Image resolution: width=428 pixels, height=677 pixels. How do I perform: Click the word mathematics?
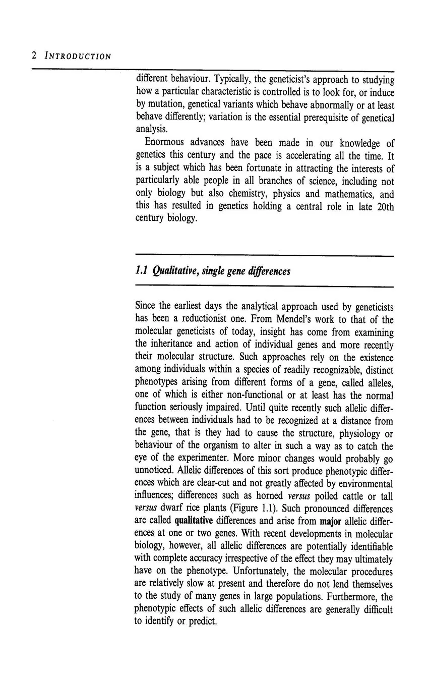pyautogui.click(x=350, y=194)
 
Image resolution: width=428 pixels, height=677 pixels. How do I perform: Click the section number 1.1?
pyautogui.click(x=143, y=271)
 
